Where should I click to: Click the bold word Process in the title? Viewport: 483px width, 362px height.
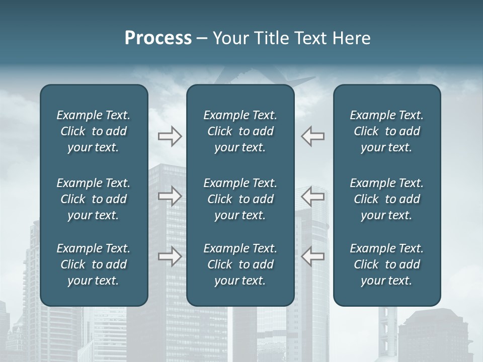(x=158, y=38)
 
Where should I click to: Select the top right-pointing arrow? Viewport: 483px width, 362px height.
(x=170, y=136)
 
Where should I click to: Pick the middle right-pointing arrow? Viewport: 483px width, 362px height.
(x=170, y=196)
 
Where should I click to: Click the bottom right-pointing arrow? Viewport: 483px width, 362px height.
(x=170, y=256)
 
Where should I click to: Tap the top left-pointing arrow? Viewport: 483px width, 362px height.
(x=313, y=136)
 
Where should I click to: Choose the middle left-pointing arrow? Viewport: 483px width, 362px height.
(x=313, y=196)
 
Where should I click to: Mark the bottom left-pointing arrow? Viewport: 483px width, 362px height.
(x=313, y=256)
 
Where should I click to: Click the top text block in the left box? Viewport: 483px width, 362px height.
(x=94, y=131)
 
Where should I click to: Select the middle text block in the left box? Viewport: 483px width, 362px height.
(x=94, y=199)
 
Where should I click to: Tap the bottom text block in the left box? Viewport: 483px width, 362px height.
(x=94, y=264)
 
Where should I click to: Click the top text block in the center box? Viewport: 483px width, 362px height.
(x=240, y=131)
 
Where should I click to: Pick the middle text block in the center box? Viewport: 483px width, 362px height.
(x=240, y=199)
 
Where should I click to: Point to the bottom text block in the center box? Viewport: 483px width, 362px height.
(x=240, y=264)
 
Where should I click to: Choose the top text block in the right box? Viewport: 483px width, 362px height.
(x=386, y=131)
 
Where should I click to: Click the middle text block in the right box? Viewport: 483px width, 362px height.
(x=386, y=199)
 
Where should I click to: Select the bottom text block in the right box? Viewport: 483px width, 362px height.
(x=386, y=264)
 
